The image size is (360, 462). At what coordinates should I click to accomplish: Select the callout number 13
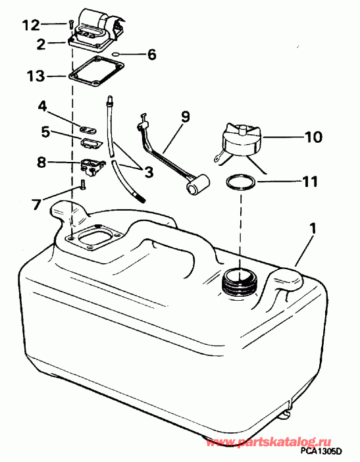click(x=37, y=76)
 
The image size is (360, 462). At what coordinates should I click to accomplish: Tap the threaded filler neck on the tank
click(x=239, y=282)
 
